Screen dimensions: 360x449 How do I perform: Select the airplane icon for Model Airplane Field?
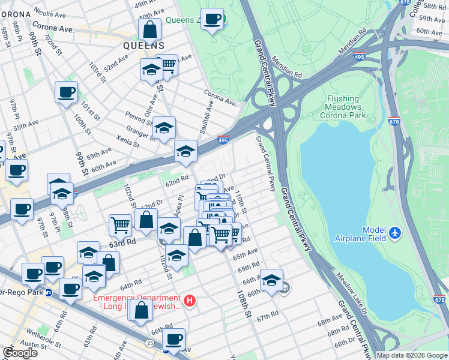pos(394,232)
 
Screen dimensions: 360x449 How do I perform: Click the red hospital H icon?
pos(190,301)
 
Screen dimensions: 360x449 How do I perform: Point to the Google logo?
pos(20,352)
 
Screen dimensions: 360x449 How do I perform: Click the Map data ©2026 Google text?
pos(411,355)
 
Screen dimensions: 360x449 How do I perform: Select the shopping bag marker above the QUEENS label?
pos(149,28)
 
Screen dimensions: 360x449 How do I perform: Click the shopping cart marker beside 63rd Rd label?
pos(120,226)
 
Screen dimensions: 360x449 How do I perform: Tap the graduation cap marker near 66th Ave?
pos(271,280)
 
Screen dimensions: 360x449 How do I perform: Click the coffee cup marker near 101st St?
pos(66,92)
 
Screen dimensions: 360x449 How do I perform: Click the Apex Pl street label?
pos(178,206)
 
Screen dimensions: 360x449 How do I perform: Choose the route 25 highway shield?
pos(148,342)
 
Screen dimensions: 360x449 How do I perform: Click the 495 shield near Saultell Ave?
pos(223,140)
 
